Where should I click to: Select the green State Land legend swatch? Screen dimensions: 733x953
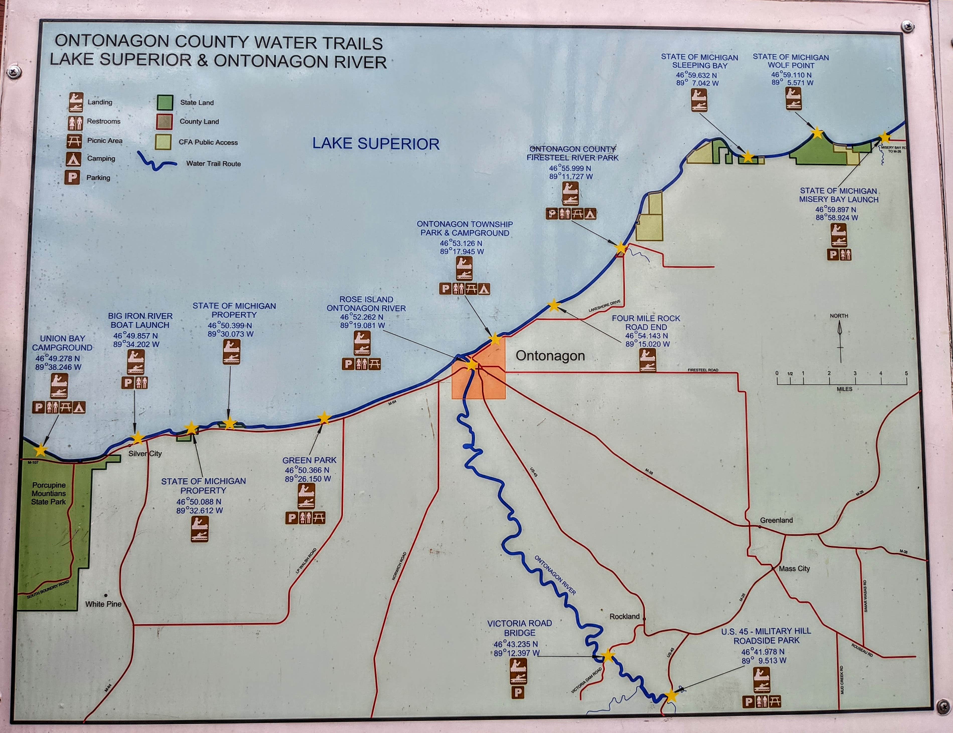pos(165,103)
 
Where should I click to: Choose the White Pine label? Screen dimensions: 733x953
pos(103,604)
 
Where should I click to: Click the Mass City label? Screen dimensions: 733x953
pos(794,569)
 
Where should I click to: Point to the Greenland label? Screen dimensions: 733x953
pos(776,520)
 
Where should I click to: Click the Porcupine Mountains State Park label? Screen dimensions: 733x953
pos(48,493)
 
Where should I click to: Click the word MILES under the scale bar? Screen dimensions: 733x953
pos(844,389)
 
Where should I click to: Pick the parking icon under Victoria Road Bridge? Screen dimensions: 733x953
pos(518,692)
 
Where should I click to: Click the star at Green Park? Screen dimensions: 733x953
pos(324,418)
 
